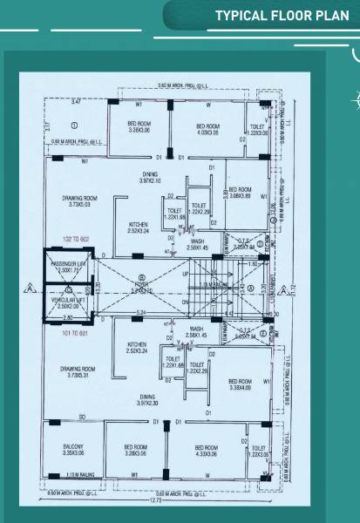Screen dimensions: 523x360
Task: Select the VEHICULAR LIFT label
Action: [x=68, y=302]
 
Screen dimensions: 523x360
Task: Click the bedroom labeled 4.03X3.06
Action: [x=207, y=130]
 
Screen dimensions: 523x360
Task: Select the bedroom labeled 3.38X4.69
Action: [x=239, y=384]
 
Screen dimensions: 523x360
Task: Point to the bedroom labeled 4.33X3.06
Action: [x=207, y=451]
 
